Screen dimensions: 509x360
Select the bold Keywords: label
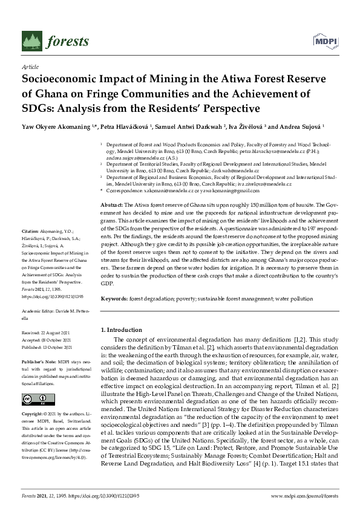click(x=115, y=299)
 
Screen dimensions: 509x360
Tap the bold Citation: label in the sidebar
click(x=30, y=232)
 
